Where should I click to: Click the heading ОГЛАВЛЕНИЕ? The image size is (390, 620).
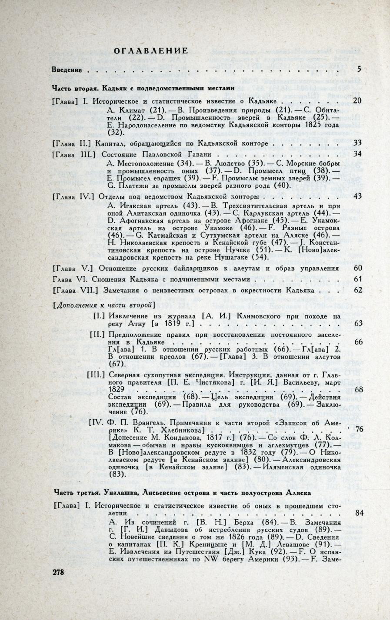point(150,51)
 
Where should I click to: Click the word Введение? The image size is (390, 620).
point(67,70)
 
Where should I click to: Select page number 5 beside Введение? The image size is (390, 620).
point(359,69)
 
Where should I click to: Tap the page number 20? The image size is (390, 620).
point(357,101)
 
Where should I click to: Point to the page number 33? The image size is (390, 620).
point(357,143)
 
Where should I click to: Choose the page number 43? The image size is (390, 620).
point(357,196)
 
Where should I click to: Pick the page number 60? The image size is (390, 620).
point(358,268)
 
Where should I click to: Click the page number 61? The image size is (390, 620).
point(358,279)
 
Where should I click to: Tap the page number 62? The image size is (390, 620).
point(358,290)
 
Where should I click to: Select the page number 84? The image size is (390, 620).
point(359,513)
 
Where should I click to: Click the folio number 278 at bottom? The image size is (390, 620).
point(58,572)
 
